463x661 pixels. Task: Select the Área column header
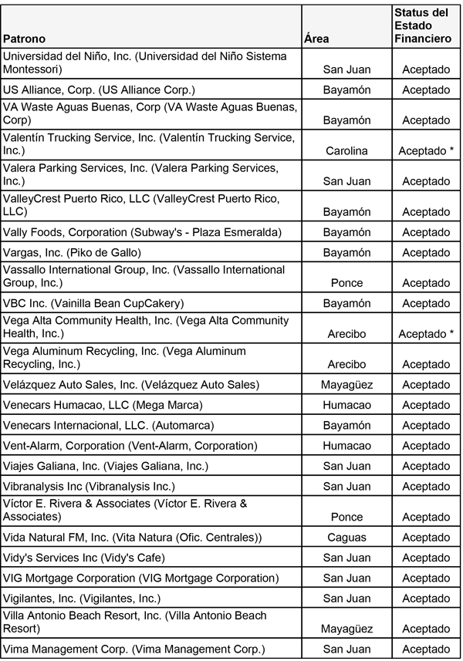(317, 39)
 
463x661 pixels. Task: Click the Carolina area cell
(346, 151)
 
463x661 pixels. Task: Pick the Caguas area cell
(346, 538)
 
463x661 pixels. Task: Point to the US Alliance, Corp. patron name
(100, 89)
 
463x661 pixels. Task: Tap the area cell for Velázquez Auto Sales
(346, 385)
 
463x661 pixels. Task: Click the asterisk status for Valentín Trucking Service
(426, 151)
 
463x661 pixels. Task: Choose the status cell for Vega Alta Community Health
(426, 334)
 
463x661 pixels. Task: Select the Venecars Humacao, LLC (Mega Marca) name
(103, 405)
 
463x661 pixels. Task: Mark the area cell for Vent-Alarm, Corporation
(346, 446)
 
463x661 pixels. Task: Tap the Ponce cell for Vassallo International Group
(346, 283)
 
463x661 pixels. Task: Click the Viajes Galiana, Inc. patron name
(95, 466)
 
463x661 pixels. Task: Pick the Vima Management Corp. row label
(133, 649)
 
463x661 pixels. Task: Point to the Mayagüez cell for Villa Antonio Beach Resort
(346, 629)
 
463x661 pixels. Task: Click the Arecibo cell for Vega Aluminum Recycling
(346, 364)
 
